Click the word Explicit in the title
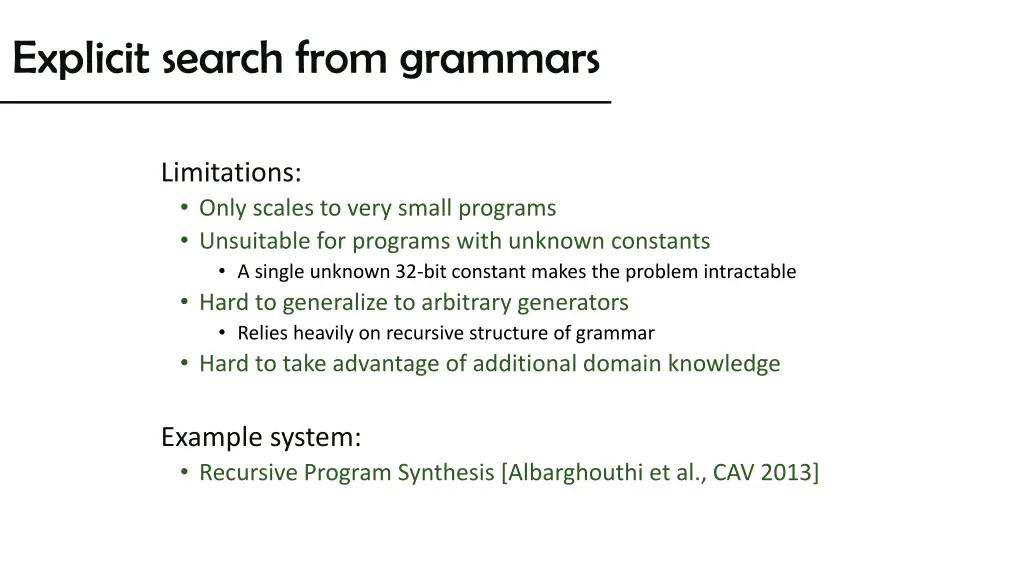80,59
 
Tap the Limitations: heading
231,173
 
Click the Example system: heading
261,437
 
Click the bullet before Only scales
185,209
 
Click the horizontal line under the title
305,103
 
